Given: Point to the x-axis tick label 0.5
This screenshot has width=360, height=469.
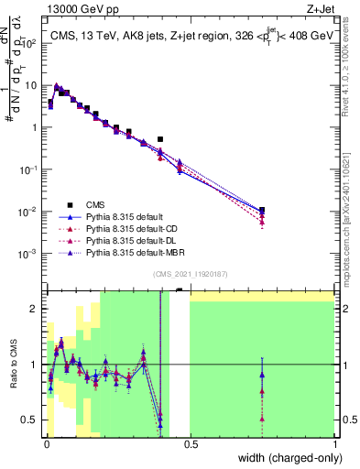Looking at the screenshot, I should tap(190, 444).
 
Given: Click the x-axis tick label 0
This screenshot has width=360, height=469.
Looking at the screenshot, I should tap(45, 444).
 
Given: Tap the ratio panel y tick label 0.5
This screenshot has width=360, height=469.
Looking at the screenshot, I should tap(30, 420).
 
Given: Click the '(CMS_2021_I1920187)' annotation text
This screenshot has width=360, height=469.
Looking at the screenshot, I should tap(190, 273).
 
